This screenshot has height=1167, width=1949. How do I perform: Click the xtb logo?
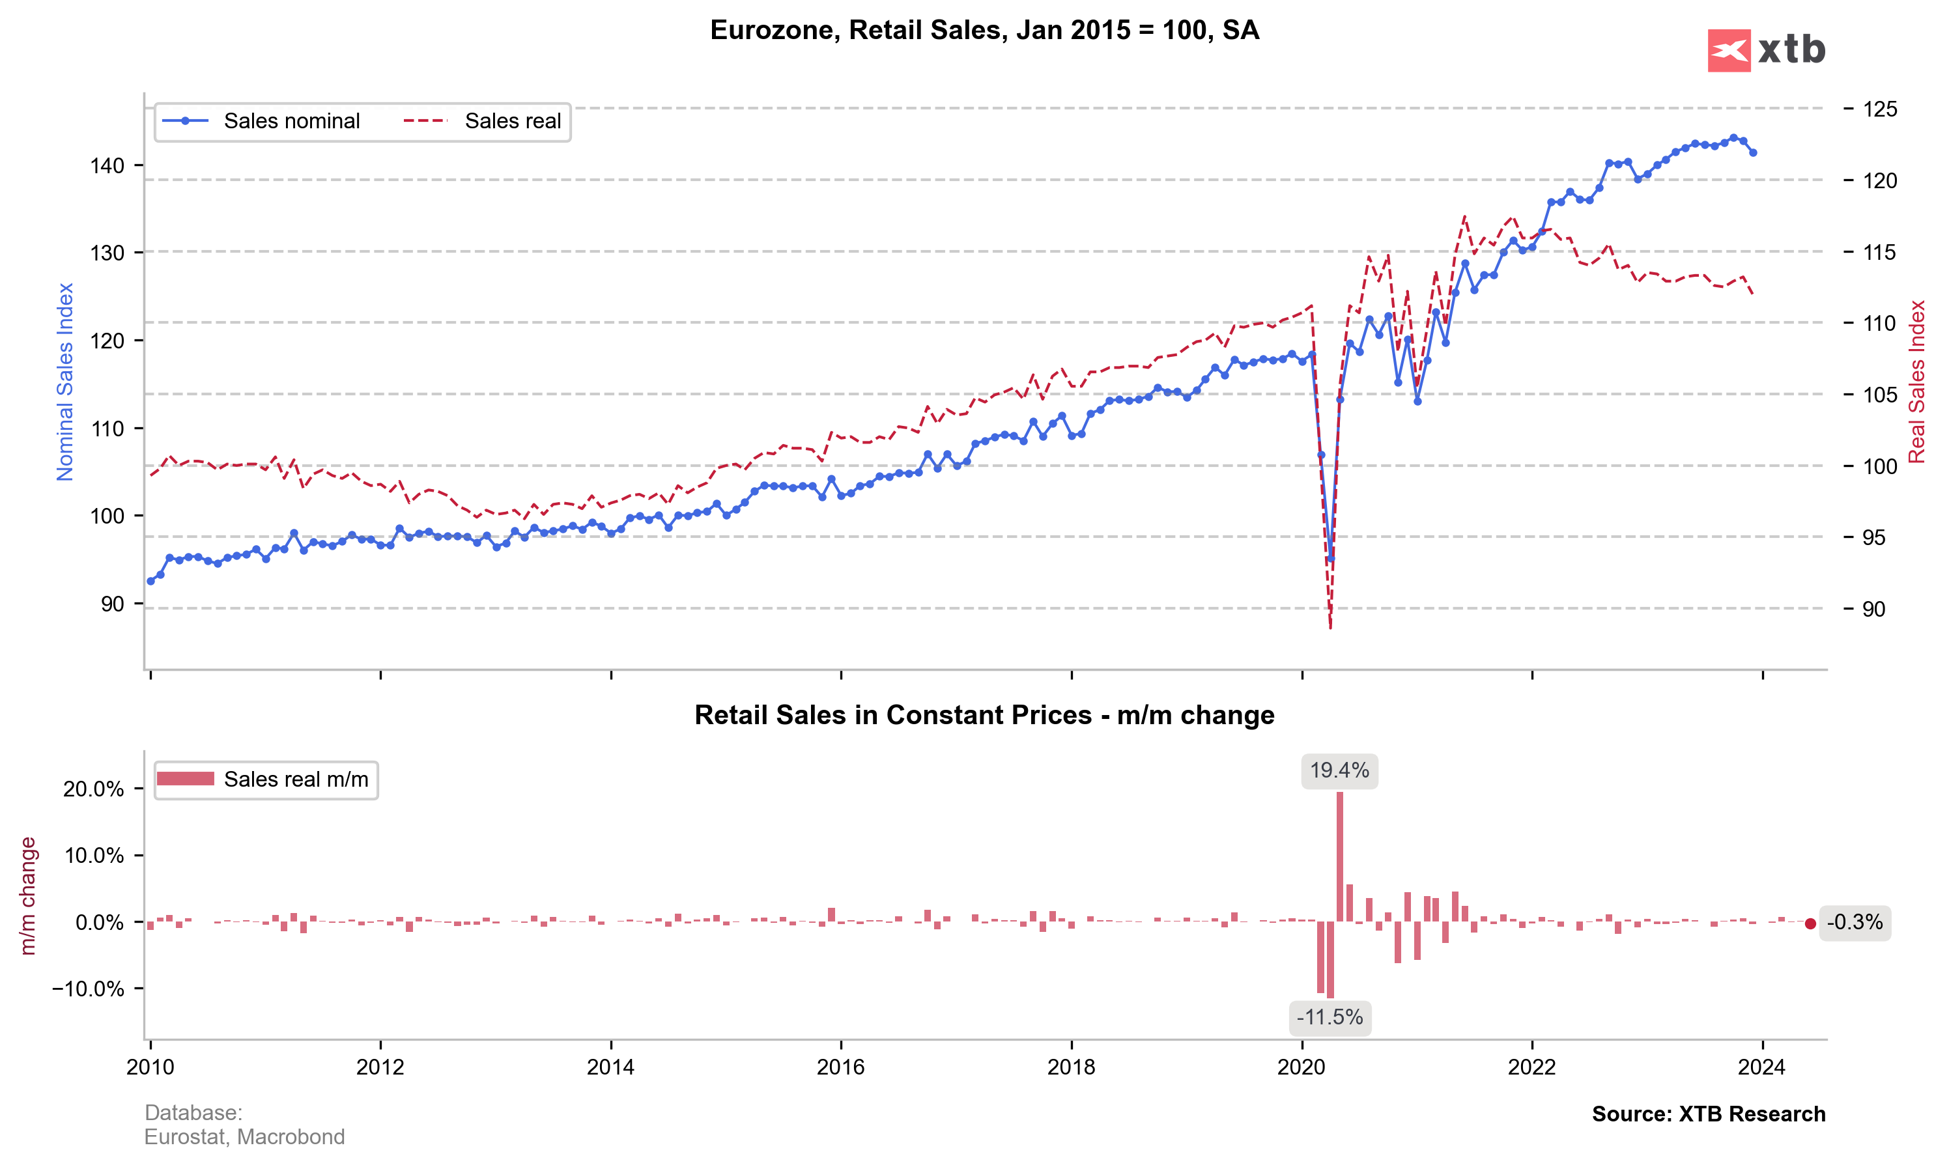point(1766,50)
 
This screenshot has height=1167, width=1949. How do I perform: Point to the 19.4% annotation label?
point(1339,770)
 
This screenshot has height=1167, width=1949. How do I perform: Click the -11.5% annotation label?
point(1330,1018)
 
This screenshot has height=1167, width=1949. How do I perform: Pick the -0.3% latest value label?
point(1855,922)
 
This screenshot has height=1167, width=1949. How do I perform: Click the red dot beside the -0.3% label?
point(1810,924)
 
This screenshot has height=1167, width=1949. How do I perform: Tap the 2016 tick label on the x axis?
point(841,1067)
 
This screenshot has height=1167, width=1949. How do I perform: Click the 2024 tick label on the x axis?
point(1762,1067)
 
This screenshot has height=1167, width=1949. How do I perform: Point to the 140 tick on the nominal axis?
point(107,165)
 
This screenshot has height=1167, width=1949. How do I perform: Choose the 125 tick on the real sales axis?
point(1880,109)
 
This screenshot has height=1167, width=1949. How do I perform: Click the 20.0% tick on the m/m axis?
point(94,789)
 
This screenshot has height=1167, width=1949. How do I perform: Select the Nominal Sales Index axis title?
point(64,382)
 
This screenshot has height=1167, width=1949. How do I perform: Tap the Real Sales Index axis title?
point(1916,382)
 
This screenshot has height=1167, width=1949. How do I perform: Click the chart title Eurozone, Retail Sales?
point(985,30)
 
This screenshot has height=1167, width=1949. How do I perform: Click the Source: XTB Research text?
point(1709,1114)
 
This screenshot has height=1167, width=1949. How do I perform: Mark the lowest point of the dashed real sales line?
point(1330,628)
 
